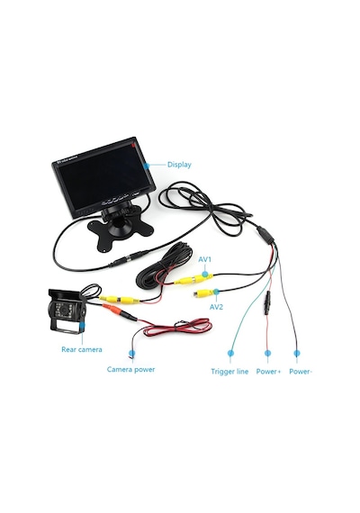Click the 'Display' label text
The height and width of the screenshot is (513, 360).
[x=179, y=165]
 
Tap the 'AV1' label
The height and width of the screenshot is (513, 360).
[x=205, y=259]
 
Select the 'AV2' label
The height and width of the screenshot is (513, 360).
[x=216, y=307]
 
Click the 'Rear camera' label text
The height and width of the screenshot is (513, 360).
[x=82, y=349]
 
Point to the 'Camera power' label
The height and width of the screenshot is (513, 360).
[x=130, y=369]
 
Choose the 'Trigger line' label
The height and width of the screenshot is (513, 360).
[x=229, y=372]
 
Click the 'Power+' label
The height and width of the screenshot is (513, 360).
[x=268, y=372]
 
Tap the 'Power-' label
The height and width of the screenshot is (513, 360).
[x=301, y=372]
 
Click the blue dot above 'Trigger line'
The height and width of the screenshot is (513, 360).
[x=230, y=353]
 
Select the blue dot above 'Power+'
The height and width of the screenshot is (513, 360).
[x=267, y=353]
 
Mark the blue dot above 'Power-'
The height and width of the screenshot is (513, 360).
[x=296, y=353]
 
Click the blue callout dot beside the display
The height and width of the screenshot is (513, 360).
[x=147, y=166]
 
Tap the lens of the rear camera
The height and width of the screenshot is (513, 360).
[x=65, y=310]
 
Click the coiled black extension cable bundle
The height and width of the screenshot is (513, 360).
[x=166, y=267]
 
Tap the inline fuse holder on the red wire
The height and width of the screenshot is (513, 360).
[x=267, y=302]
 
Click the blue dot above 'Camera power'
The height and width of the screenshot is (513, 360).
[x=132, y=353]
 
